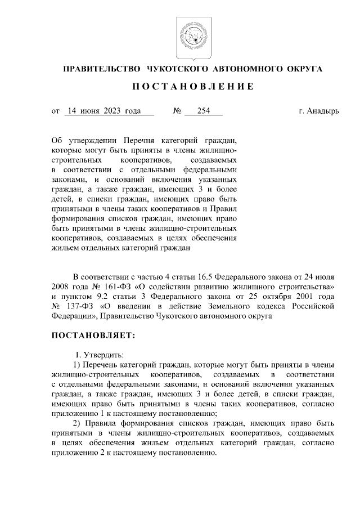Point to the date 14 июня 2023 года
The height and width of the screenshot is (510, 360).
(x=102, y=111)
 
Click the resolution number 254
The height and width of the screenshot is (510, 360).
(x=203, y=111)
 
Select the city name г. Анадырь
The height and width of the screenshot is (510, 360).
(x=318, y=111)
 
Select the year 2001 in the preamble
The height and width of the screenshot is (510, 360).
(x=307, y=297)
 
